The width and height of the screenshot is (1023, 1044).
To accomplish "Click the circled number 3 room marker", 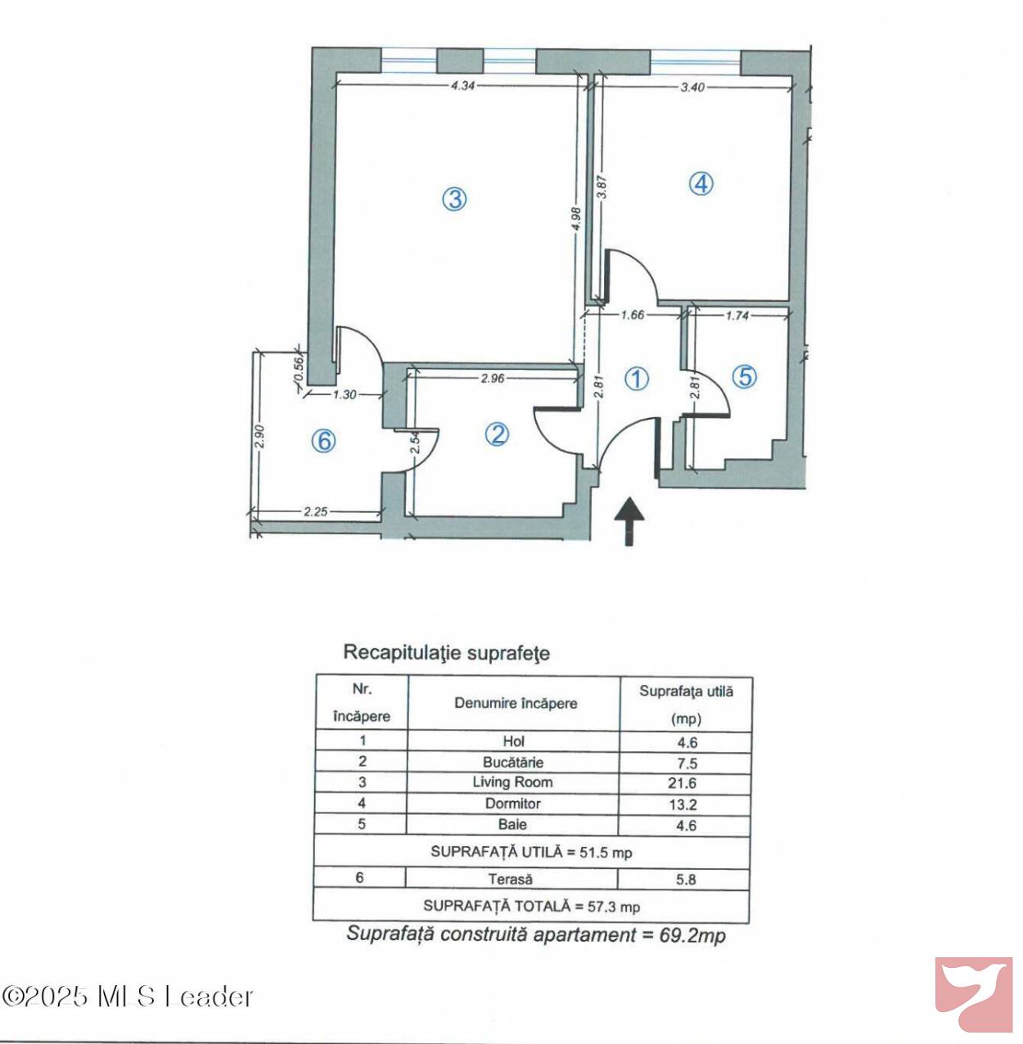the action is pos(454,200).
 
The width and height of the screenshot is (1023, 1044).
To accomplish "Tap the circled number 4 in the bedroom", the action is pos(701,183).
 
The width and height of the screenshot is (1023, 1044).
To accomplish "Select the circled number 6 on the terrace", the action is pos(323,441).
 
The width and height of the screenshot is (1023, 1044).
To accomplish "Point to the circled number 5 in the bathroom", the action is pos(745,376).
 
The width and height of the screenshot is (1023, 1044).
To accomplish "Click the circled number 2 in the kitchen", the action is pos(497,434).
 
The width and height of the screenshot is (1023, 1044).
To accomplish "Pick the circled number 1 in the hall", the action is pos(637,380).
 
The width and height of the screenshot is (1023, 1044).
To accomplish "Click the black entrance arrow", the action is pos(629,521).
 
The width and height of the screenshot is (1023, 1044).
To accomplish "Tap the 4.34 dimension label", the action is pos(462,86).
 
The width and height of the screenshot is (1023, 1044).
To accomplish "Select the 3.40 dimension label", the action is pos(692,87).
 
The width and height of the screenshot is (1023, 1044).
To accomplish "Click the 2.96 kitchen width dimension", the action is pos(492,378).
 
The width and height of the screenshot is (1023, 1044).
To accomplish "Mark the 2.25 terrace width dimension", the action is pos(316,511).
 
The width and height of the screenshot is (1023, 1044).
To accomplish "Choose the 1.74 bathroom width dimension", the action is pos(737,315).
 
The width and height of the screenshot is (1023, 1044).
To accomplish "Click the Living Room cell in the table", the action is pos(512,782).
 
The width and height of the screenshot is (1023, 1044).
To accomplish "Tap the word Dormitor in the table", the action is pos(512,803).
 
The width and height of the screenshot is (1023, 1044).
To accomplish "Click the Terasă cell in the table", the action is pos(510,879).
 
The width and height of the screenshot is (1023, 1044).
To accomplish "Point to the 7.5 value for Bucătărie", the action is pos(687,763).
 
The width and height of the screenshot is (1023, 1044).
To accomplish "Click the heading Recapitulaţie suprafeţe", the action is pos(446,653).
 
